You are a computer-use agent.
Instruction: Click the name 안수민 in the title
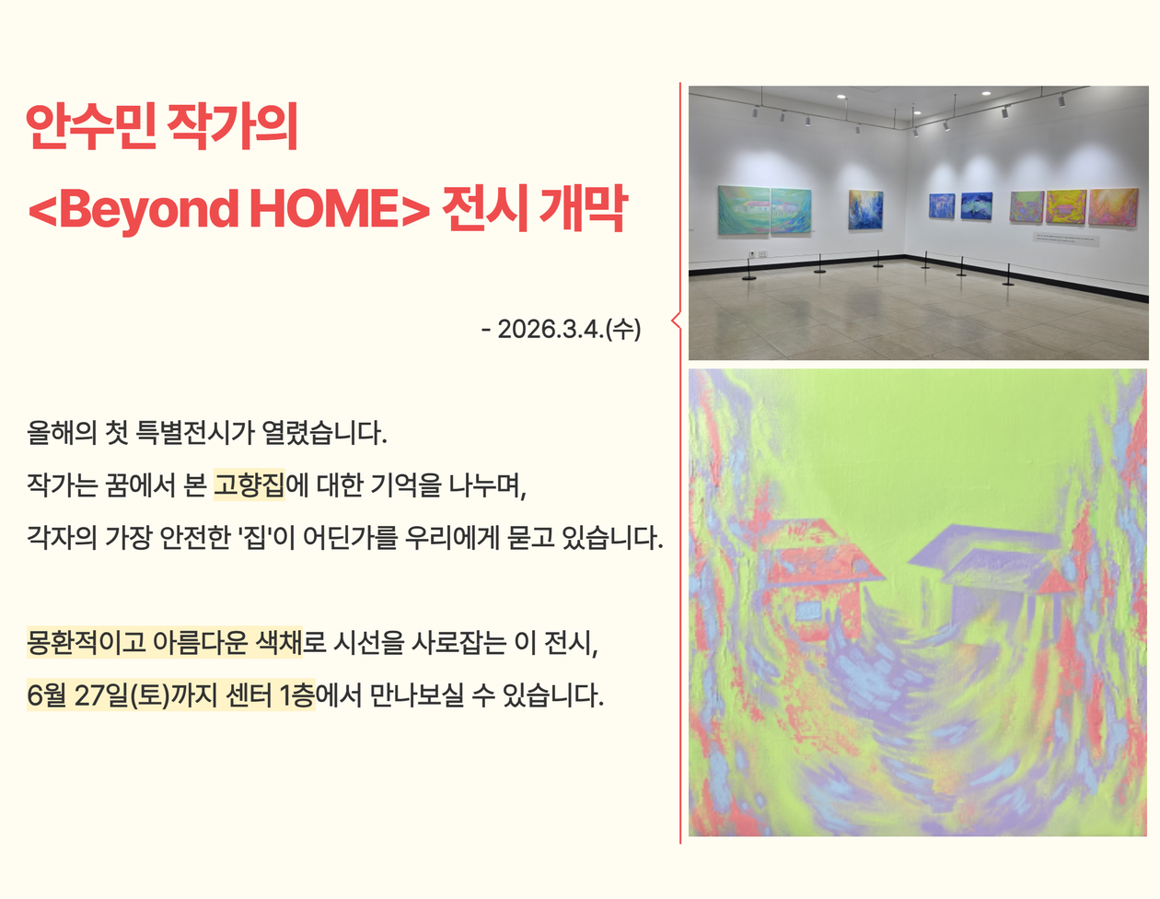tap(91, 126)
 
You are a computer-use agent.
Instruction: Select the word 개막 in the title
tap(583, 209)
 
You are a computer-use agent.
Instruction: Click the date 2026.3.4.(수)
tap(569, 329)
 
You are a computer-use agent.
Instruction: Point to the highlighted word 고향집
tap(249, 485)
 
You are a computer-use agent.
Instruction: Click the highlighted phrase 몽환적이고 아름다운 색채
tap(165, 642)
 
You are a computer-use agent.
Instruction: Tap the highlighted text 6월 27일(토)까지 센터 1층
tap(171, 695)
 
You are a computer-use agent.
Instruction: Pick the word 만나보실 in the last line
tap(416, 695)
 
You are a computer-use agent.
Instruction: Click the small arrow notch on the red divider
tap(676, 321)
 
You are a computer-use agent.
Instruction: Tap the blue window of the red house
tap(809, 610)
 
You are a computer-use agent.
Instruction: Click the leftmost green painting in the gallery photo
tap(744, 210)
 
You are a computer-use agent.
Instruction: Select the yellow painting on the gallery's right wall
tap(1065, 206)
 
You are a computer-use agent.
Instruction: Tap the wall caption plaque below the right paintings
tap(1066, 238)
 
